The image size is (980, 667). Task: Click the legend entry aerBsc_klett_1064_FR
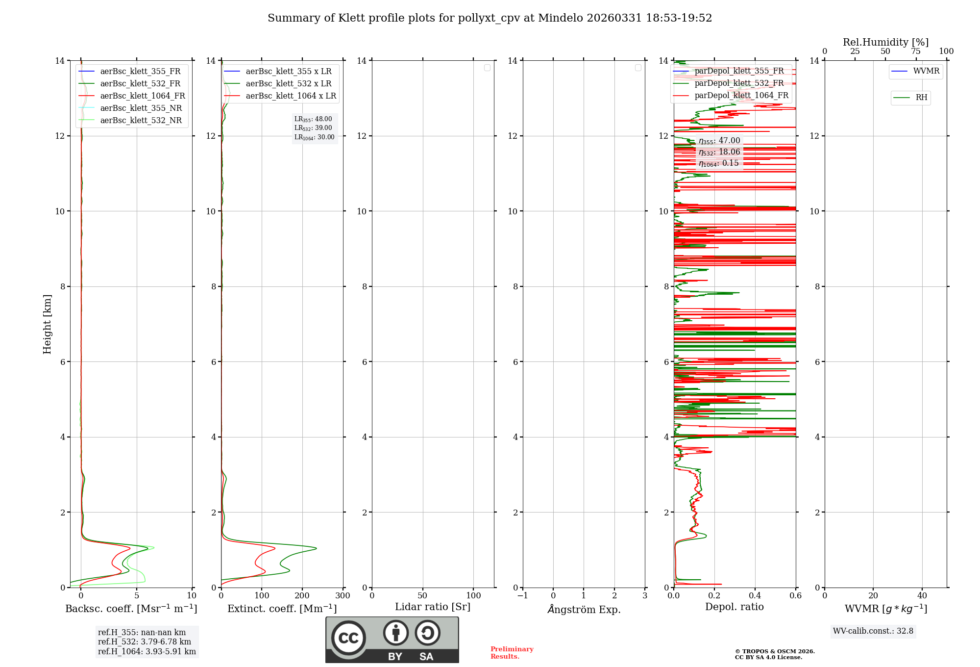[143, 96]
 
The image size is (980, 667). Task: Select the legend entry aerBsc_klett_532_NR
[141, 121]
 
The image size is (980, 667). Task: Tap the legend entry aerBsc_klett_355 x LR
[288, 72]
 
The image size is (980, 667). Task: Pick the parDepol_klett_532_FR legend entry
[739, 83]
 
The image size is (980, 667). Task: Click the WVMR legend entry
[926, 71]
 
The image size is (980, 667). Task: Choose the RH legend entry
[921, 98]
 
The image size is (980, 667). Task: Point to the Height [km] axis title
[47, 324]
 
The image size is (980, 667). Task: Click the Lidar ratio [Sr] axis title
[433, 607]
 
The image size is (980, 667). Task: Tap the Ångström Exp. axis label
[584, 610]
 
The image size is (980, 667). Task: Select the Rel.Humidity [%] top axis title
[885, 42]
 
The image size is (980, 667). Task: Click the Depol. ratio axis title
[734, 607]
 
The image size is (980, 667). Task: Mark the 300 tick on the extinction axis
[343, 596]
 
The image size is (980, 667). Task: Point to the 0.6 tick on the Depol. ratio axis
[795, 596]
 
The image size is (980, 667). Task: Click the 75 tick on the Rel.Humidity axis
[915, 51]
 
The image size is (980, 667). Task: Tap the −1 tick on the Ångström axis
[523, 596]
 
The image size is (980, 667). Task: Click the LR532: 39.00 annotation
[313, 128]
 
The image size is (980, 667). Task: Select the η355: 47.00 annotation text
[719, 141]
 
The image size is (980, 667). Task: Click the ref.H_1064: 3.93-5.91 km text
[147, 652]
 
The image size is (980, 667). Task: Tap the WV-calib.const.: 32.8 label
[873, 631]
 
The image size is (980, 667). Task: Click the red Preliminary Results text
[512, 653]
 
